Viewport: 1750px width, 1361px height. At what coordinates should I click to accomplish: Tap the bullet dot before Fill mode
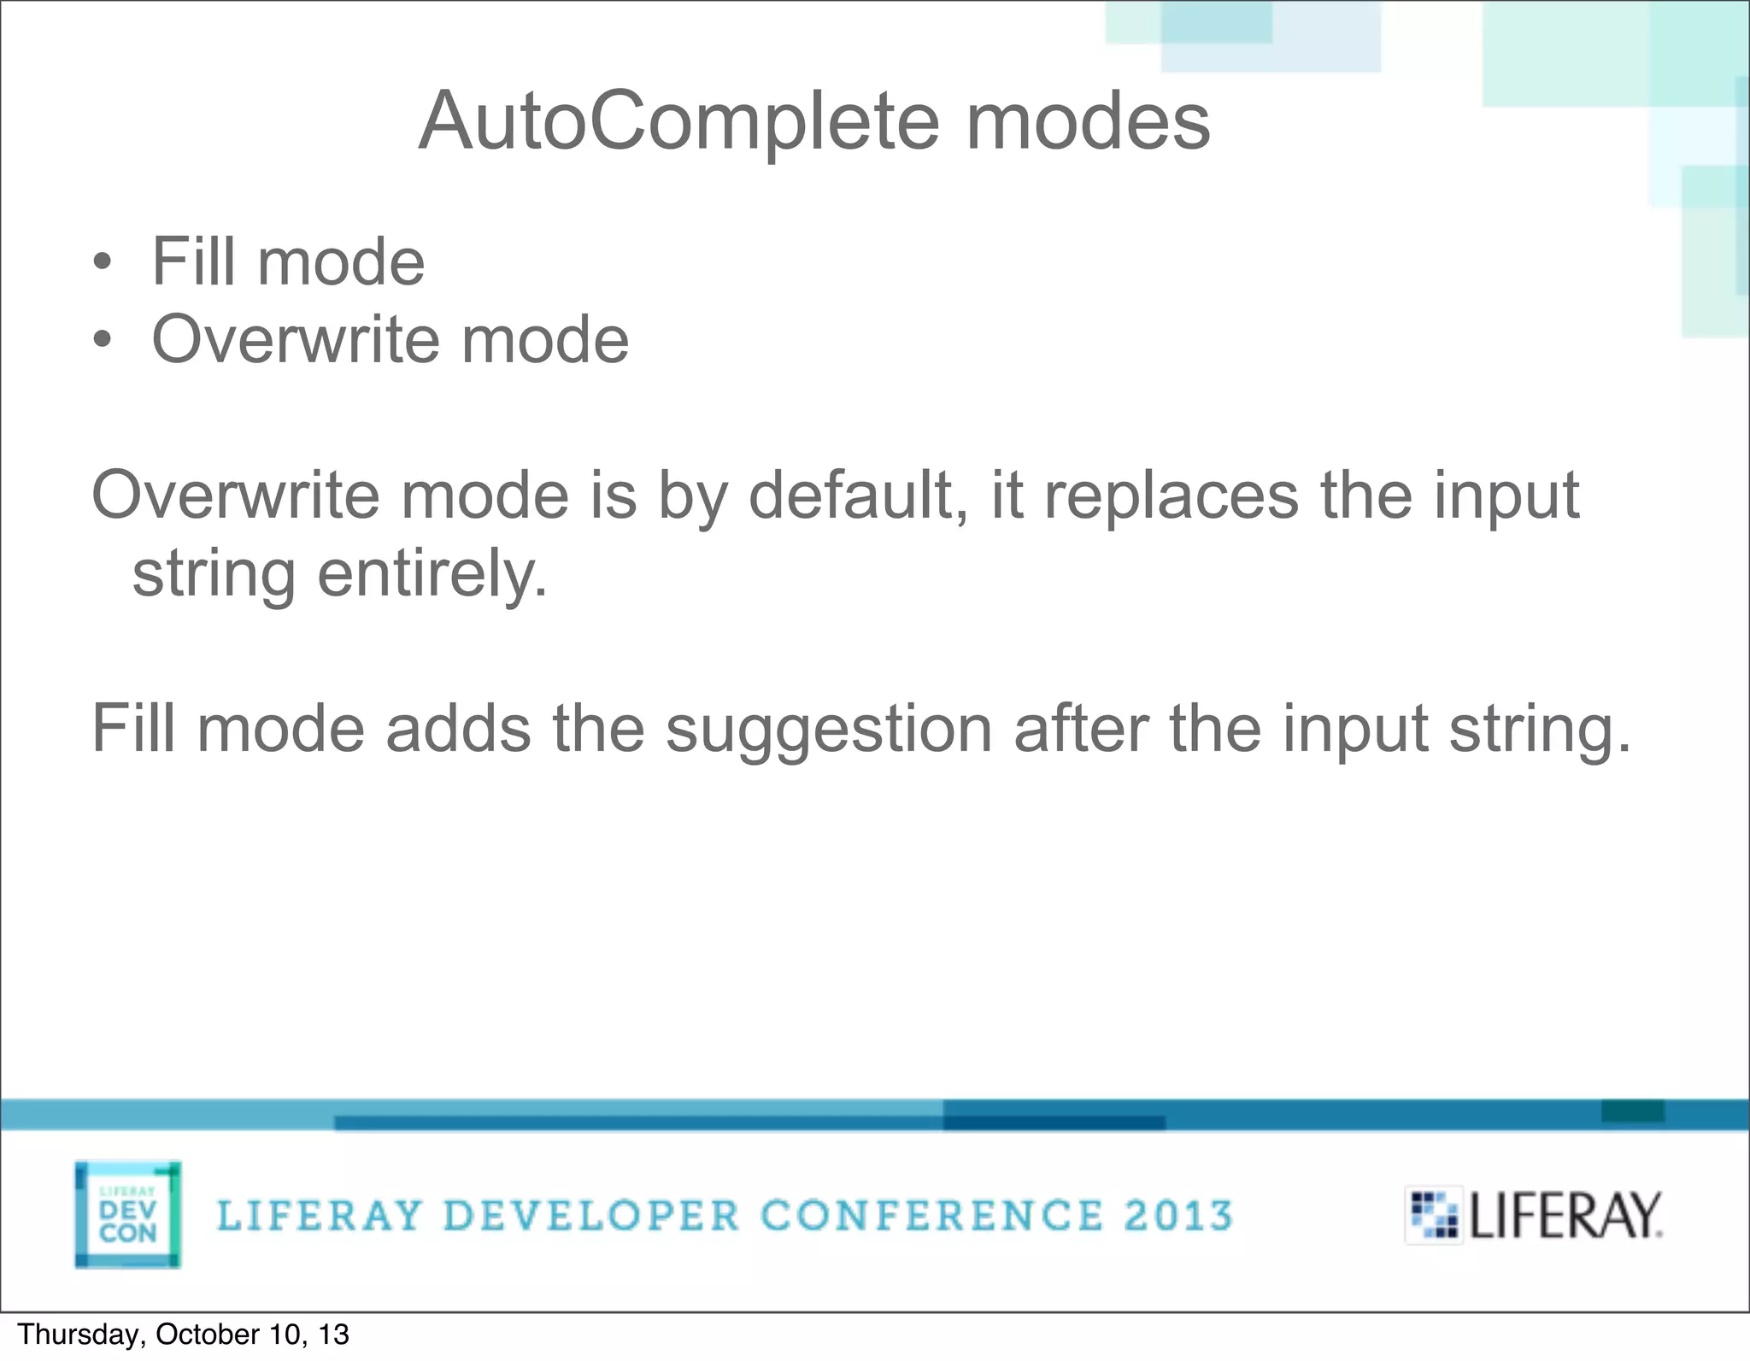(x=103, y=262)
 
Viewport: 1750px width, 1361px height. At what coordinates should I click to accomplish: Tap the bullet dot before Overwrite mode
(x=103, y=340)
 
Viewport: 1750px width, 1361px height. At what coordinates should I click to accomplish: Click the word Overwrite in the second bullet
(x=296, y=340)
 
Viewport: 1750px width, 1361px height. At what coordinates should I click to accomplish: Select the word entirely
(x=432, y=574)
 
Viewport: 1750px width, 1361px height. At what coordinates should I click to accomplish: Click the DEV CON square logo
(x=128, y=1214)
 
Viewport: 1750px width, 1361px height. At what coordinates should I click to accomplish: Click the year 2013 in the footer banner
(x=1178, y=1216)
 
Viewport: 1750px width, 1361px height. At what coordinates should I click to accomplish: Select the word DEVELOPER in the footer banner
(x=591, y=1216)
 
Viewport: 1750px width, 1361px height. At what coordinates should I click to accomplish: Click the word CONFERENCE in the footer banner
(x=931, y=1216)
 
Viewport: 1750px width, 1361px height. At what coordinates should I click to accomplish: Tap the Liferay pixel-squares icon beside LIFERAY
(x=1434, y=1215)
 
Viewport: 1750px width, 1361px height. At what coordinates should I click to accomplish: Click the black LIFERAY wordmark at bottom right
(x=1565, y=1216)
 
